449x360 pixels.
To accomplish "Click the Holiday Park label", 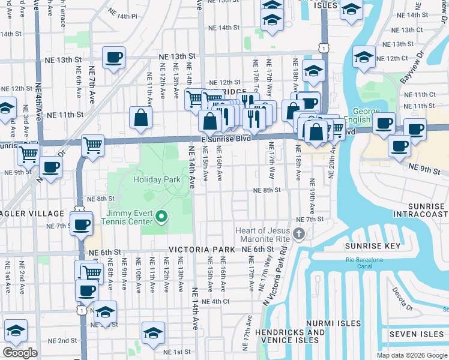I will [157, 179].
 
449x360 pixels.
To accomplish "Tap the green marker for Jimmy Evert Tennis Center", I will [161, 216].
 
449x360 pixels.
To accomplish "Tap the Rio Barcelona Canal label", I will [364, 263].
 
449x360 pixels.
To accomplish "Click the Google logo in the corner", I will [20, 353].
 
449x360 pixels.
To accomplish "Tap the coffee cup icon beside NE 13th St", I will [113, 58].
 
